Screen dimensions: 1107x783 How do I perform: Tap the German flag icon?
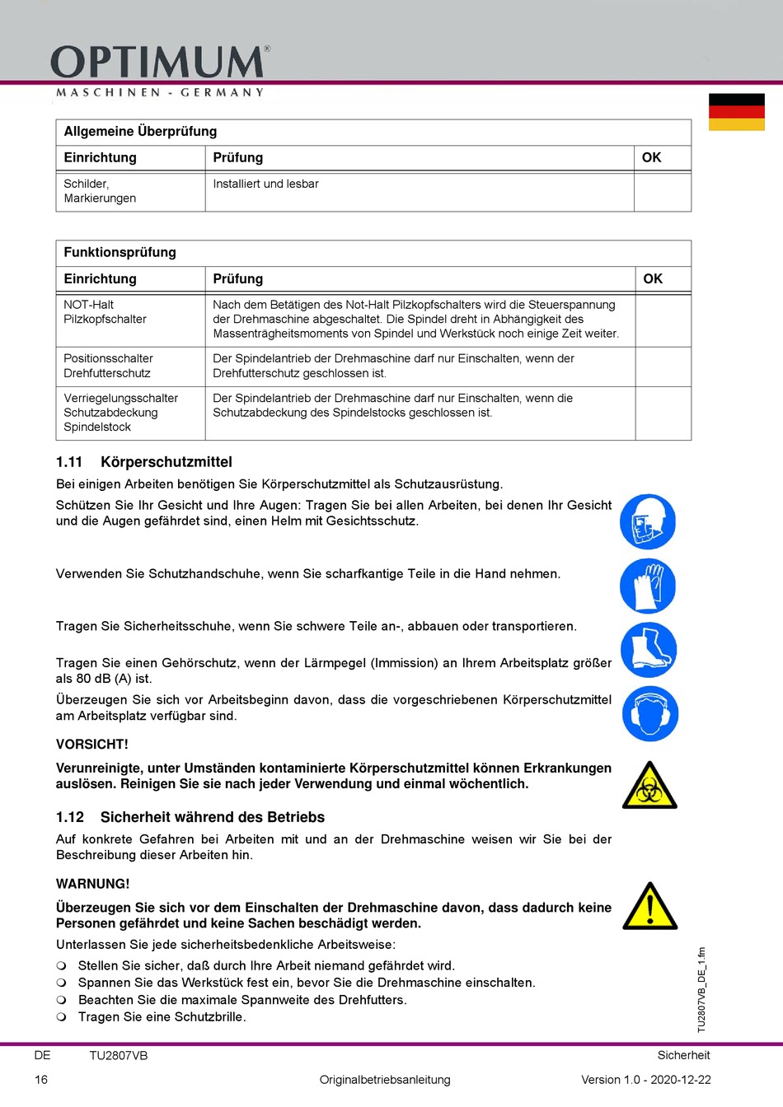point(736,112)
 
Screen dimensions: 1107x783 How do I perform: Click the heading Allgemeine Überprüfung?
point(140,132)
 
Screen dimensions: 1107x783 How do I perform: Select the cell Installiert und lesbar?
point(265,184)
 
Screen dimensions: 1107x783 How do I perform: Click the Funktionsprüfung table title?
point(120,253)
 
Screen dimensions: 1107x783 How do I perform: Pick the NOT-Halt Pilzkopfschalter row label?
point(105,312)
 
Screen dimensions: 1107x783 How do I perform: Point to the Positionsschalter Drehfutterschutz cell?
point(108,366)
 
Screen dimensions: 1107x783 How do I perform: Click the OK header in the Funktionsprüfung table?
point(653,279)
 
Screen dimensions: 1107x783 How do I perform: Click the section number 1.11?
point(69,462)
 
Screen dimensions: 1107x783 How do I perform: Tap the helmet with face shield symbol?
point(648,522)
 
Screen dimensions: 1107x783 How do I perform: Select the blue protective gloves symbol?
point(648,586)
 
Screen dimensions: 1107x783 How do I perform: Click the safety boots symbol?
point(649,650)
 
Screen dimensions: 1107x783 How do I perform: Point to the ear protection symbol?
point(649,713)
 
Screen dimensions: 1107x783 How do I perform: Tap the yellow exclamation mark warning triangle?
point(649,907)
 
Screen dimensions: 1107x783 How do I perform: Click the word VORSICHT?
point(92,745)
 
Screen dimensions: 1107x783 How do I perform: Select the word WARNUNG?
point(93,884)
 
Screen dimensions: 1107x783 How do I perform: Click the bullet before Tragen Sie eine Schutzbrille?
point(62,1017)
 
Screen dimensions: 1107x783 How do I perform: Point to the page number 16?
point(41,1080)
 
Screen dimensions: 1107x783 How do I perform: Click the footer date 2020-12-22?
point(681,1080)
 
